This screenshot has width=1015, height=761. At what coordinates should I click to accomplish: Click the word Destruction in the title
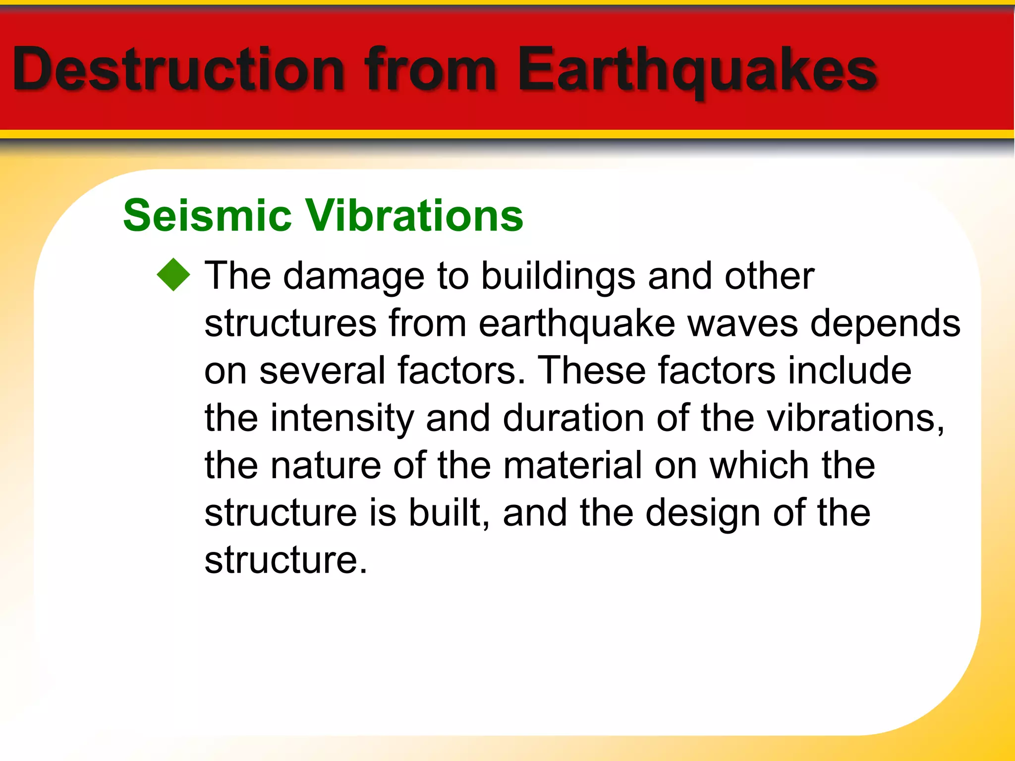pyautogui.click(x=178, y=69)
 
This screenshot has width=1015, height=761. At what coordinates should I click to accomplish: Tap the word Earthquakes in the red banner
pyautogui.click(x=696, y=69)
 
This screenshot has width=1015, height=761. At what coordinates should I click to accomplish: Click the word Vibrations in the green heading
pyautogui.click(x=414, y=216)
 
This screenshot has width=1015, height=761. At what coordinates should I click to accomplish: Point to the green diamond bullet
pyautogui.click(x=173, y=275)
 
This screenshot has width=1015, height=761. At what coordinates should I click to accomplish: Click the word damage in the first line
pyautogui.click(x=354, y=276)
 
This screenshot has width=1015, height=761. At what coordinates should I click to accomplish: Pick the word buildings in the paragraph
pyautogui.click(x=558, y=276)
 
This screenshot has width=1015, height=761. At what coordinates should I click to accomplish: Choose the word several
pyautogui.click(x=322, y=371)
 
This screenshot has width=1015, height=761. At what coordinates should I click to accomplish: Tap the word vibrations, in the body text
pyautogui.click(x=855, y=418)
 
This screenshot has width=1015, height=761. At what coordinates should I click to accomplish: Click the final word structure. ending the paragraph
pyautogui.click(x=285, y=560)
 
